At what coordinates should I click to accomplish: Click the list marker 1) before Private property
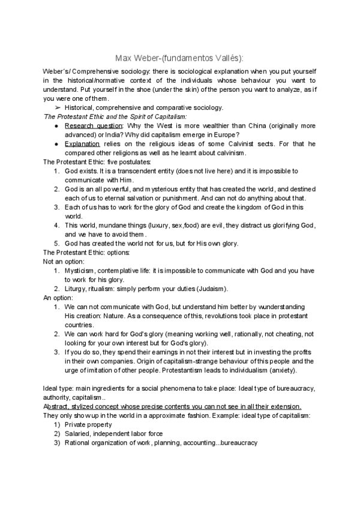click(x=57, y=424)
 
